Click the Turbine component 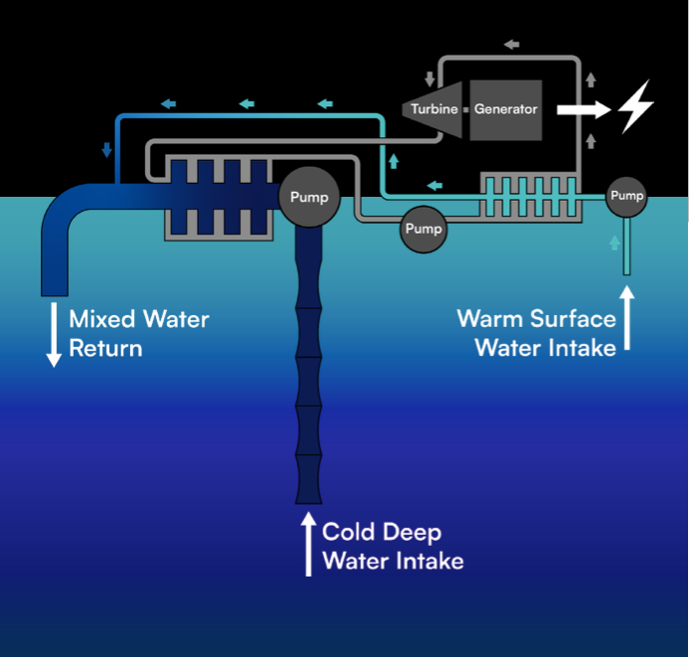pyautogui.click(x=433, y=108)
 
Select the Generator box pyautogui.click(x=505, y=109)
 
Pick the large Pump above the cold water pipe pyautogui.click(x=308, y=196)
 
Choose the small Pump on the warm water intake pyautogui.click(x=626, y=196)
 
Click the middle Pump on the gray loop pyautogui.click(x=424, y=230)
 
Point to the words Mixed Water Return pyautogui.click(x=138, y=334)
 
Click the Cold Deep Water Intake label pyautogui.click(x=392, y=547)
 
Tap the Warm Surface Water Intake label pyautogui.click(x=537, y=333)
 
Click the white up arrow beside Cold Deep pyautogui.click(x=309, y=544)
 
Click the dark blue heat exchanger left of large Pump pyautogui.click(x=219, y=197)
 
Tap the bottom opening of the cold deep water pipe pyautogui.click(x=309, y=497)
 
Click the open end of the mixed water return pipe pyautogui.click(x=54, y=290)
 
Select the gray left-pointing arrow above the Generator pyautogui.click(x=511, y=45)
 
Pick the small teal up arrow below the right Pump pyautogui.click(x=614, y=243)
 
